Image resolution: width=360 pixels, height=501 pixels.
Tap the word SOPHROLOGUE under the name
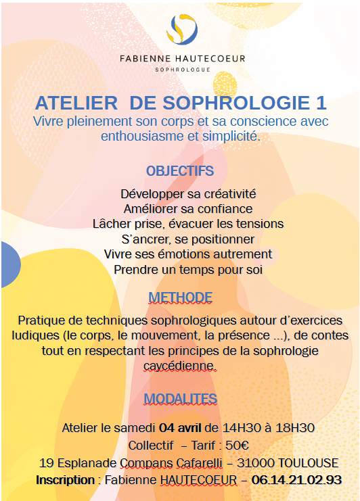182,69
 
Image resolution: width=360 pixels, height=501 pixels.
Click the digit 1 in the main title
321,103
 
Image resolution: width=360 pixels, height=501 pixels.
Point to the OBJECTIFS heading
180,170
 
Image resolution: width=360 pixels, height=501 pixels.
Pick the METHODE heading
180,297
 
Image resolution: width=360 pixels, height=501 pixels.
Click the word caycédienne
180,366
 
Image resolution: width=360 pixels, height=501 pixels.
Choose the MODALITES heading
180,398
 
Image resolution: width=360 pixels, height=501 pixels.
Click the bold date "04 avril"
181,428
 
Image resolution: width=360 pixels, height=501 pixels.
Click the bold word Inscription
65,480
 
